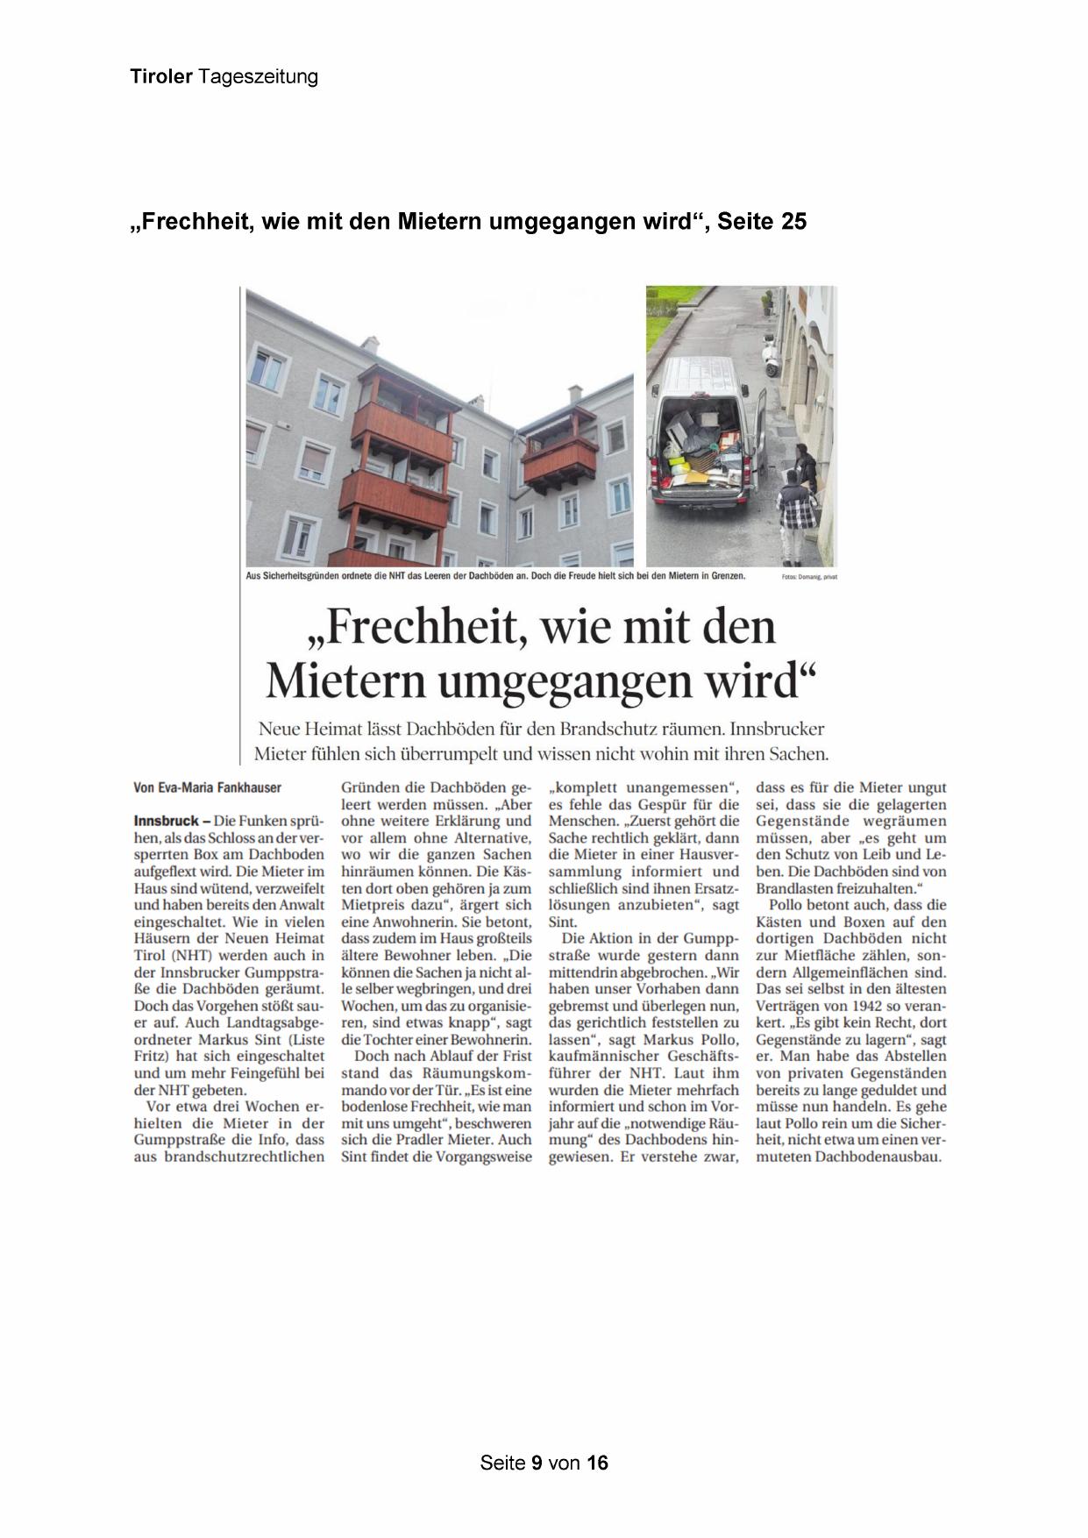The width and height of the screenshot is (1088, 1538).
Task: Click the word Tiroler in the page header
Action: click(x=161, y=77)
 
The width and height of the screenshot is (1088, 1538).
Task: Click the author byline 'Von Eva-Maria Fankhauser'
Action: click(x=208, y=788)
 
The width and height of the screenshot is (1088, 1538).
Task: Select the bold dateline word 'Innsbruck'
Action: click(x=166, y=822)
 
